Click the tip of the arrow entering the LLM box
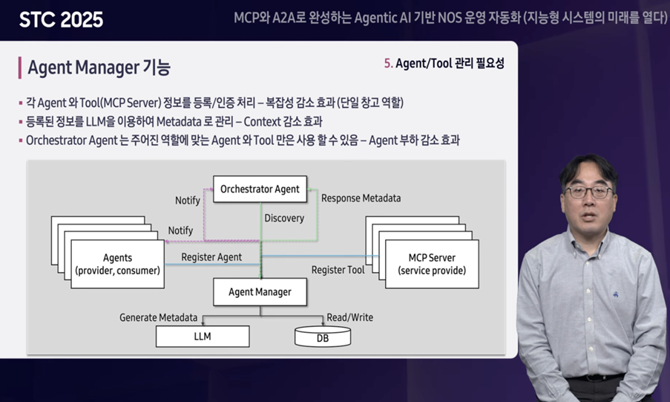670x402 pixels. [x=203, y=325]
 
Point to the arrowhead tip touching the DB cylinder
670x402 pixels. [x=323, y=327]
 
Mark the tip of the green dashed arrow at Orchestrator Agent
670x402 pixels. [x=308, y=189]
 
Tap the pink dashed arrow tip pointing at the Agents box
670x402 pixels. [x=165, y=241]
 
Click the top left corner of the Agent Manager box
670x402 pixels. [x=214, y=279]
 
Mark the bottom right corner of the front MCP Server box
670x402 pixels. [x=479, y=288]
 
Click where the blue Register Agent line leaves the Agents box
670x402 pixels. [x=165, y=265]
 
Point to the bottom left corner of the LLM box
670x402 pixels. [x=156, y=347]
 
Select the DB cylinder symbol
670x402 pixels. [x=323, y=337]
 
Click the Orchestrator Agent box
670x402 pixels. [x=260, y=189]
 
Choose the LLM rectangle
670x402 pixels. [x=203, y=337]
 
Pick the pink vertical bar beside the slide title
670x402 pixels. [x=19, y=68]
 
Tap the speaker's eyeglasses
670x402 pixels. [x=589, y=192]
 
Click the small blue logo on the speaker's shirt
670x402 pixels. [x=616, y=294]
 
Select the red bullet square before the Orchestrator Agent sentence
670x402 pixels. [x=21, y=140]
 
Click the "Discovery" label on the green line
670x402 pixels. [x=284, y=218]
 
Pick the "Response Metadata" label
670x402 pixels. [x=361, y=198]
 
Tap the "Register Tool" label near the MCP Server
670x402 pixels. [x=338, y=270]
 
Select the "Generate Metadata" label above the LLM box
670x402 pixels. [x=159, y=317]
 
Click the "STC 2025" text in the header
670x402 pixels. [x=61, y=20]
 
